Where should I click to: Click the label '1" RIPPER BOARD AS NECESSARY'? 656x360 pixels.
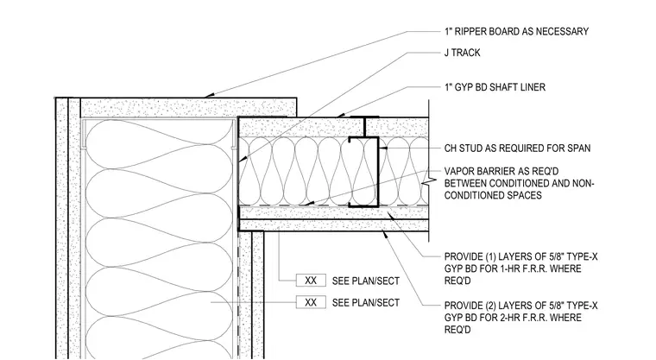(516, 31)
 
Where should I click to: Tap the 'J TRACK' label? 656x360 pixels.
(463, 53)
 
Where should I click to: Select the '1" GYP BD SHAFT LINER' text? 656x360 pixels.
(495, 87)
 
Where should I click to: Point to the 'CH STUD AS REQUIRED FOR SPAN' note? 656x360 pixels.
(518, 148)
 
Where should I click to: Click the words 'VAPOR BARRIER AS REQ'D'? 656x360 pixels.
(501, 171)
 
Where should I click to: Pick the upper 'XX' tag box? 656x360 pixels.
(311, 281)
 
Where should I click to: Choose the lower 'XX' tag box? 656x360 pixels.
(311, 302)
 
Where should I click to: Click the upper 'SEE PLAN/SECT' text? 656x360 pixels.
(366, 281)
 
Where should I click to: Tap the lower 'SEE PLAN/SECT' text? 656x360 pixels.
(366, 303)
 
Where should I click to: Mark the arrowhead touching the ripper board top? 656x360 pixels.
(208, 96)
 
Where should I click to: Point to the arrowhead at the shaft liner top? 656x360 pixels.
(341, 115)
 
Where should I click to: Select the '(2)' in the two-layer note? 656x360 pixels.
(489, 306)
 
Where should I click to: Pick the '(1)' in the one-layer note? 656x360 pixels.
(489, 256)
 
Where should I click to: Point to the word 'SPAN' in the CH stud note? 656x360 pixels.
(579, 148)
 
